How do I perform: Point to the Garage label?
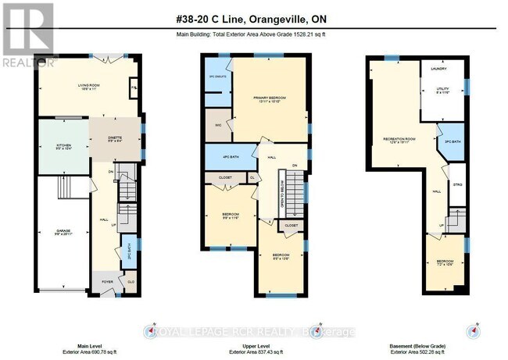[x=63, y=232]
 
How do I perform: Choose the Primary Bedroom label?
[x=269, y=98]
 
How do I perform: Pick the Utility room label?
[x=442, y=90]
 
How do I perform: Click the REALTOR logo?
[x=29, y=35]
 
